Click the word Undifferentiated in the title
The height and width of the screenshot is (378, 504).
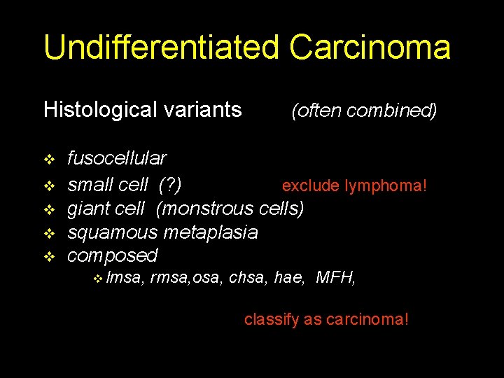coord(162,48)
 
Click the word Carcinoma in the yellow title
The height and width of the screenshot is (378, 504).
coord(370,48)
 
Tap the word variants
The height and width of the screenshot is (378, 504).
coord(204,110)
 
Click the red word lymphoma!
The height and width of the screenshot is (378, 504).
coord(391,185)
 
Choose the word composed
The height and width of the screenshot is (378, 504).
coord(112,255)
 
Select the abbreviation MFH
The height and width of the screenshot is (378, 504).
coord(336,279)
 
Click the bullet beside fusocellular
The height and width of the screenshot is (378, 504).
coord(49,160)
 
